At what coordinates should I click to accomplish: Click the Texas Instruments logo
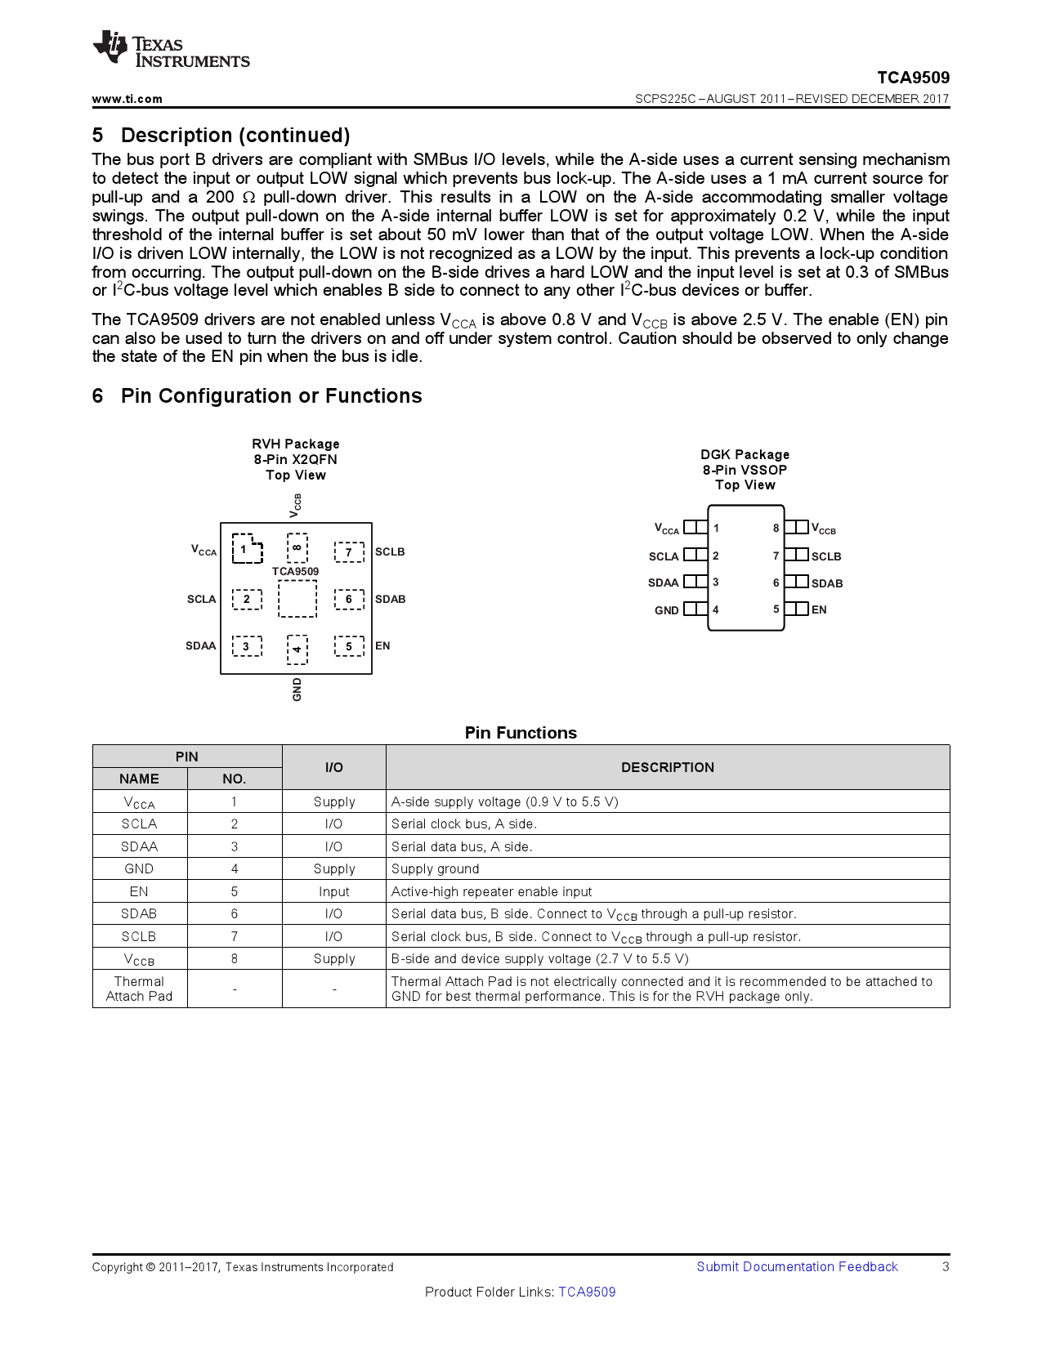coord(171,50)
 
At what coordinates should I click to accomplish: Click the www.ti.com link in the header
coord(127,99)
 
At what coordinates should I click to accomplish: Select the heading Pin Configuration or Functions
coord(271,396)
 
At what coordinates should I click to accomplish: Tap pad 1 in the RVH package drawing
coord(246,549)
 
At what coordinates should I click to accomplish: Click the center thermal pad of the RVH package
coord(297,599)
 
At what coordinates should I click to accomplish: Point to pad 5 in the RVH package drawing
coord(349,646)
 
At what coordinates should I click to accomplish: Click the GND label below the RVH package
coord(297,689)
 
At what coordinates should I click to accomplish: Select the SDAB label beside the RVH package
coord(390,599)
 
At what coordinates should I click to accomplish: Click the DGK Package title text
coord(745,454)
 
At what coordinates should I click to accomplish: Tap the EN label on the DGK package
coord(819,609)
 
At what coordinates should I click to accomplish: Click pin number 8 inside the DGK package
coord(776,528)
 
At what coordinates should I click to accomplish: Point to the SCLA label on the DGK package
coord(664,556)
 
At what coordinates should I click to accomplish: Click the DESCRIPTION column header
coord(667,767)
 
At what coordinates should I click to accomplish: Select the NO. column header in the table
coord(234,779)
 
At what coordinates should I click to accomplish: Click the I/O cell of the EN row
coord(333,891)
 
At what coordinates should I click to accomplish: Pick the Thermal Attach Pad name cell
coord(139,989)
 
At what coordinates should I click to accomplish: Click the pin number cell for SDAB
coord(234,913)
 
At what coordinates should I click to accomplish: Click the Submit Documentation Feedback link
coord(796,1266)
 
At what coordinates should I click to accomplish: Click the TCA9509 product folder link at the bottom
coord(587,1292)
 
